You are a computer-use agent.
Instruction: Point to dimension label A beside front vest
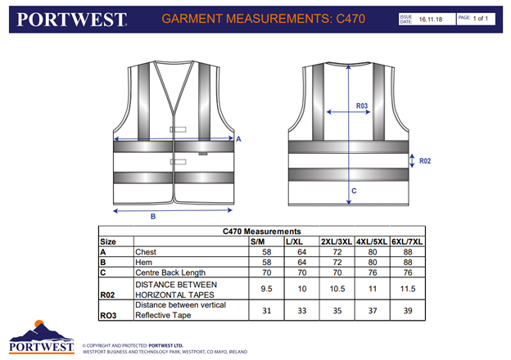pos(238,140)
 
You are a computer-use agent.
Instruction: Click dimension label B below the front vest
pos(153,216)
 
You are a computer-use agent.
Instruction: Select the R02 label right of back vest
pos(424,161)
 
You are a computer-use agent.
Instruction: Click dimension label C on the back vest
pos(353,191)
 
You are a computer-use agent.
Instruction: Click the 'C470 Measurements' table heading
pos(262,232)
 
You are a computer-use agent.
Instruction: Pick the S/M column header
pos(256,242)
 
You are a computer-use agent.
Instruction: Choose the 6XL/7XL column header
pos(408,242)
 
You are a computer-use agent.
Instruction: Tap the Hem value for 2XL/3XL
pos(337,263)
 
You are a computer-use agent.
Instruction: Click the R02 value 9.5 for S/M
pos(265,289)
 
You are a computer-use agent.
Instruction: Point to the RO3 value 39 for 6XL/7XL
pos(408,310)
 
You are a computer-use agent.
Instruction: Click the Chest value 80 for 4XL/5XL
pos(373,253)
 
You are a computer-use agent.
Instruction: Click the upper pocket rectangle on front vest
pos(179,129)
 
